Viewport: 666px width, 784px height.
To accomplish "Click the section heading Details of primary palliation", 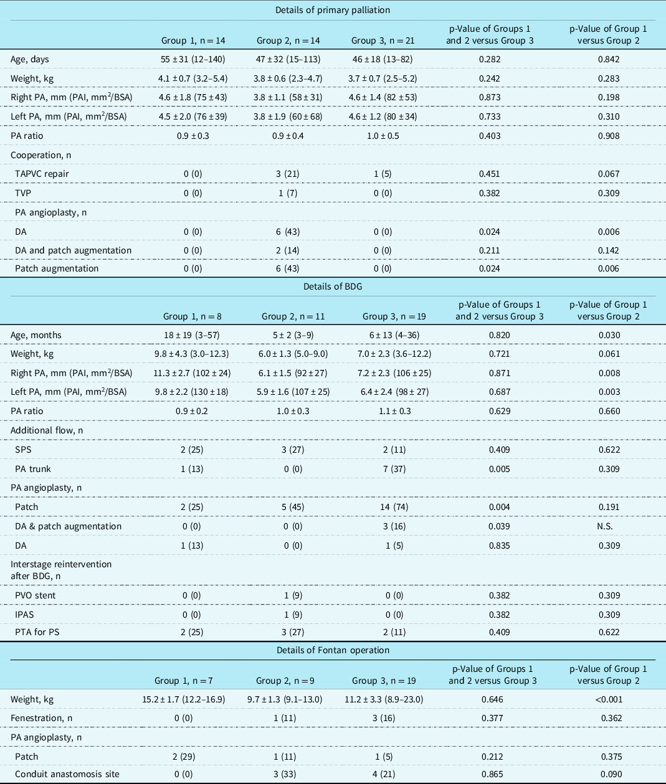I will click(333, 10).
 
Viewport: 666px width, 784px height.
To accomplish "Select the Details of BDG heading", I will click(333, 286).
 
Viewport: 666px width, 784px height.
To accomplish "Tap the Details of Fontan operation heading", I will click(333, 650).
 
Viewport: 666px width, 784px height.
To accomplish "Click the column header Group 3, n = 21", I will click(383, 40).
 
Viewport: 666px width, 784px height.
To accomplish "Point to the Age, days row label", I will click(29, 59).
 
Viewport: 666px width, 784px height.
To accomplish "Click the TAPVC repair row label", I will click(42, 174).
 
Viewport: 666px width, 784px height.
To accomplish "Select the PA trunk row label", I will click(33, 469).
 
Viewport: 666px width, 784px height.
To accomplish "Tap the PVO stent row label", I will click(36, 595).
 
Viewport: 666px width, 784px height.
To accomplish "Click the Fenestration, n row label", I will click(41, 718).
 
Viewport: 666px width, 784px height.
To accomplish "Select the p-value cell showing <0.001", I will click(608, 699).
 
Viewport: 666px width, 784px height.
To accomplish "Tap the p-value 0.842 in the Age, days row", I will click(608, 59).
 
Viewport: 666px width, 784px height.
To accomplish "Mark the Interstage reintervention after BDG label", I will click(61, 570).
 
